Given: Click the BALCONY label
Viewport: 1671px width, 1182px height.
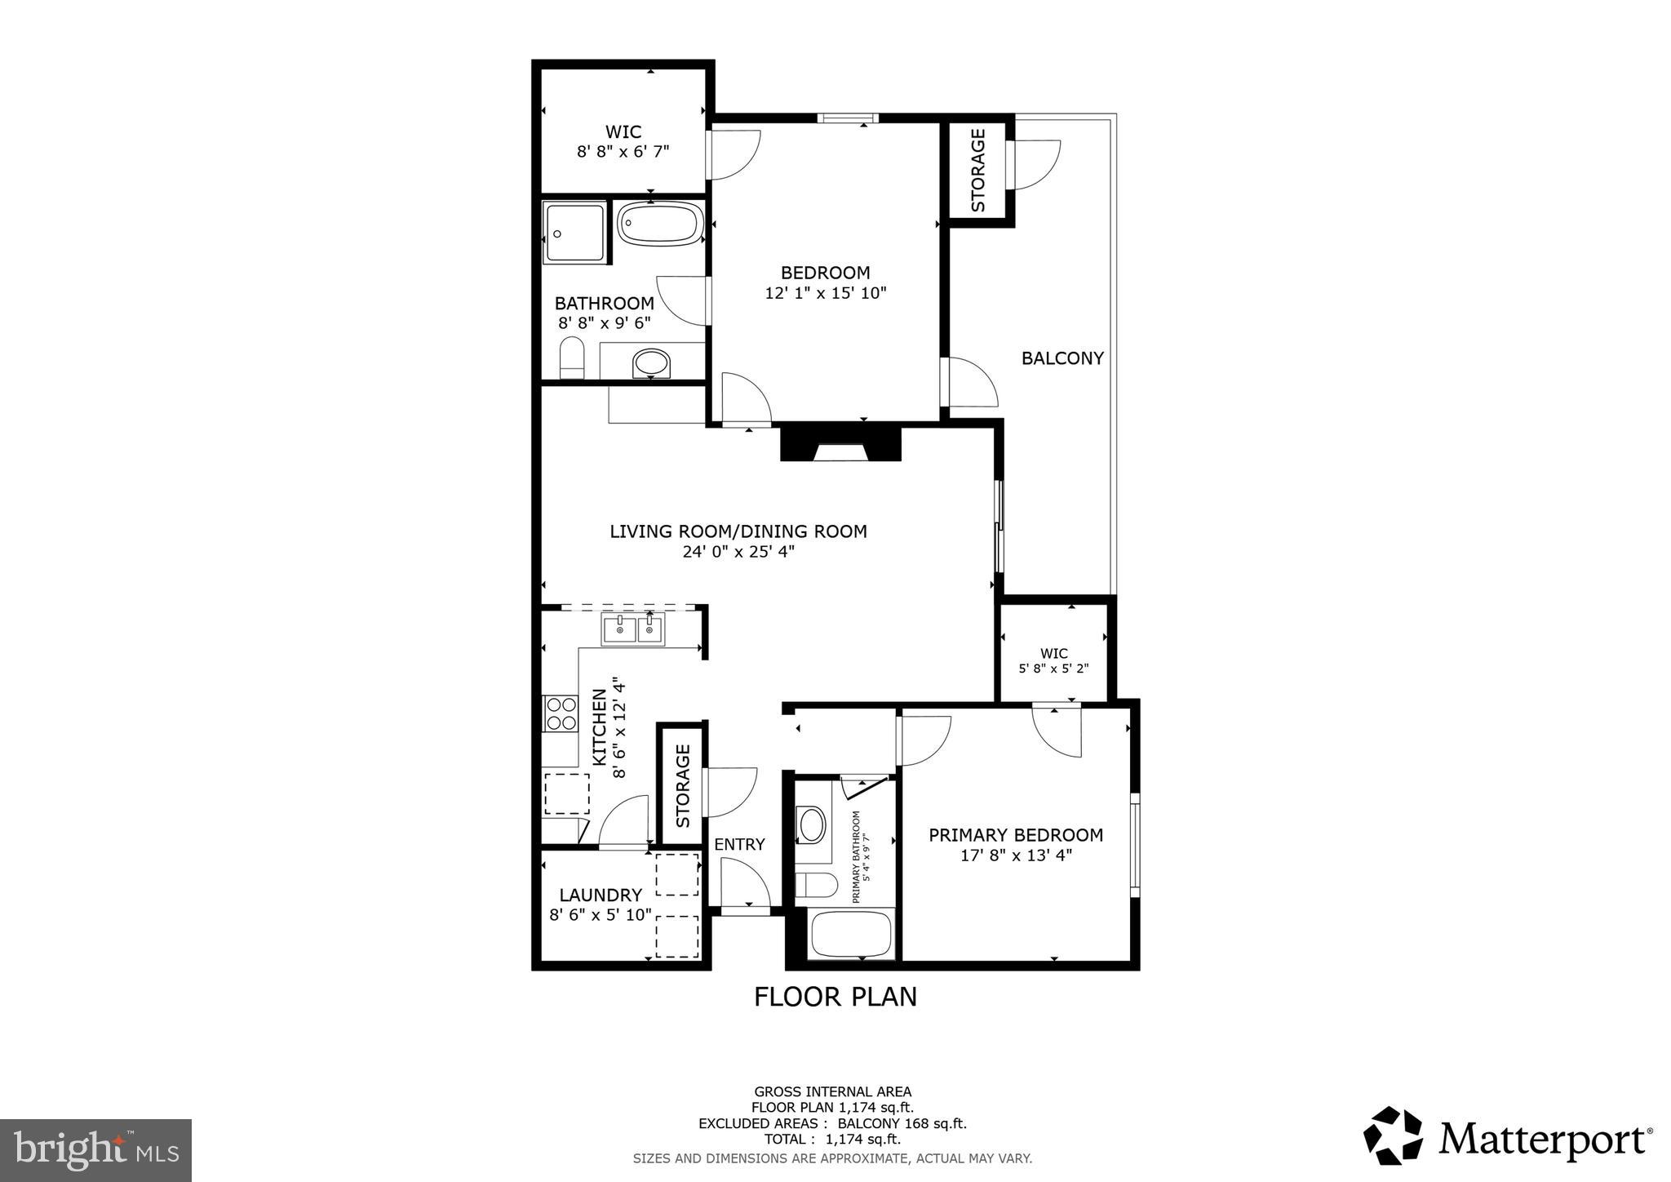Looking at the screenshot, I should [1062, 358].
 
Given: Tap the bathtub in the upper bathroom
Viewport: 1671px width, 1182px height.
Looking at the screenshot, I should [660, 224].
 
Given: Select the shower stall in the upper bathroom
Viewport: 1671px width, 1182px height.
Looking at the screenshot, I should [575, 233].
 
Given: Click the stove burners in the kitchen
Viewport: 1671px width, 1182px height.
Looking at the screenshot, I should [561, 713].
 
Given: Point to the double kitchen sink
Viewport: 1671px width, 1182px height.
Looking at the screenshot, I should [633, 629].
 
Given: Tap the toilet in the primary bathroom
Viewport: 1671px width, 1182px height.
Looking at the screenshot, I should [816, 885].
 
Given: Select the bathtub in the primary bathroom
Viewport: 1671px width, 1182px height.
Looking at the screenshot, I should [851, 934].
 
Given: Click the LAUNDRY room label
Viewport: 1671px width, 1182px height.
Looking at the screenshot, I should [601, 895].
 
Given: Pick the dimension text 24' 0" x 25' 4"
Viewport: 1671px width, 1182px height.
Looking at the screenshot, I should [738, 552].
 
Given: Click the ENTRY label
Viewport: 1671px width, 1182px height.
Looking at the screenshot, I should [739, 844].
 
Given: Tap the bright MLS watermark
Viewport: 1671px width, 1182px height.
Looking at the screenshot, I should [95, 1150].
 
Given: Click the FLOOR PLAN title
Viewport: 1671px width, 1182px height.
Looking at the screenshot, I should [835, 997].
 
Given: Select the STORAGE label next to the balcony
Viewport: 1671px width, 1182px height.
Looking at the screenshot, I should [977, 171].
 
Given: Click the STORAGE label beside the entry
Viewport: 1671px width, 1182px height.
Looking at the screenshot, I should [682, 785].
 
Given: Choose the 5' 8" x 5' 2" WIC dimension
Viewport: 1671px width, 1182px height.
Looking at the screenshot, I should [1053, 669].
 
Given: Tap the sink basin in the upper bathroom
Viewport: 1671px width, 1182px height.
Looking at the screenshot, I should [650, 363].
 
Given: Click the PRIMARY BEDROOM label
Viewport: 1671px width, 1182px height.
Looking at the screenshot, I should [1016, 835].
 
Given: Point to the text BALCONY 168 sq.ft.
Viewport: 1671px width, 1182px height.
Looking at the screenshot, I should [902, 1123].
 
